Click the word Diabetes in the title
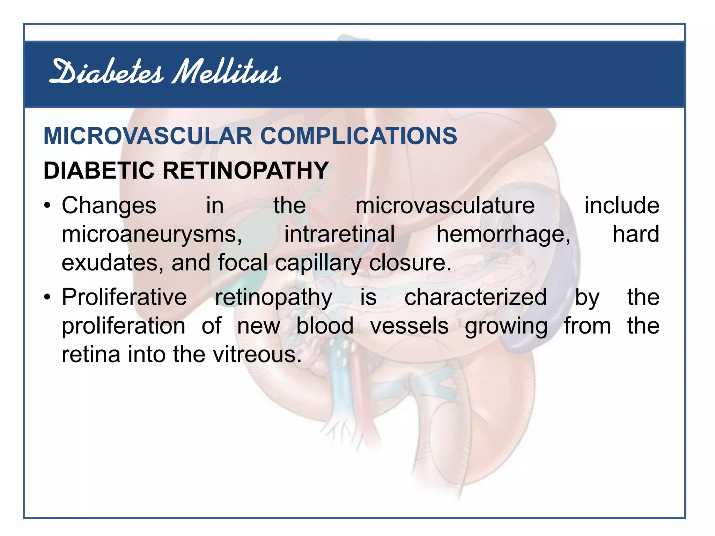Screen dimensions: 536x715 106,72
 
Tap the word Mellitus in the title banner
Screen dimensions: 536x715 227,72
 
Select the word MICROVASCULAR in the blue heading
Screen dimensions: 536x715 148,136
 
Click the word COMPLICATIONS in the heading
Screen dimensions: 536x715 359,136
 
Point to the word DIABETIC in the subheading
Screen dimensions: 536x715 99,171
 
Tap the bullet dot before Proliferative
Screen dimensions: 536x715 48,297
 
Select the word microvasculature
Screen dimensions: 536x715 445,206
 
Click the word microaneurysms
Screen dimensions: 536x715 152,234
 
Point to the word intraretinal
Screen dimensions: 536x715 339,234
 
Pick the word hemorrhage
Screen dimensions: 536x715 503,234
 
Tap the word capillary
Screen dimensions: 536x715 318,263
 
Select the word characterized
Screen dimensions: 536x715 476,297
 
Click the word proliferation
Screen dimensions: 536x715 124,326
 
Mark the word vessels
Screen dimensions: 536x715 409,326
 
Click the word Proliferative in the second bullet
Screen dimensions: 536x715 124,297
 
